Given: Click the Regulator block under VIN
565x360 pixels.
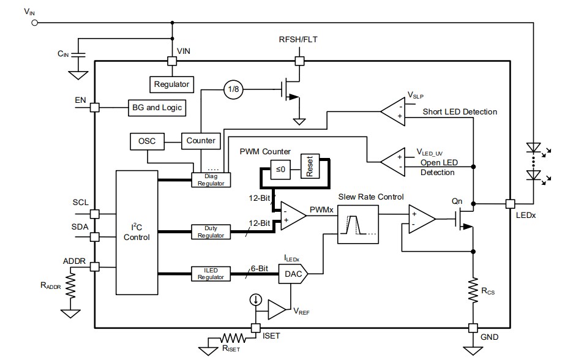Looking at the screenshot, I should [172, 84].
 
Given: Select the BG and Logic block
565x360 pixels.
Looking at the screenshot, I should [156, 107].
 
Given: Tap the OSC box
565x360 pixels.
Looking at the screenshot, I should [146, 141].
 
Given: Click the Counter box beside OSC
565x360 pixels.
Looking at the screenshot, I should [201, 141].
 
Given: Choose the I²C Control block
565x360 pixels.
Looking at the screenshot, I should [137, 232].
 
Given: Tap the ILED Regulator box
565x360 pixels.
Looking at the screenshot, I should [209, 274].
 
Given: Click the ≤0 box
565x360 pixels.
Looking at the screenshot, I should [280, 170].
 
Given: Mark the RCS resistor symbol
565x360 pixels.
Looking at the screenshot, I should [473, 289].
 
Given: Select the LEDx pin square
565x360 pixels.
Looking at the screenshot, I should [509, 203].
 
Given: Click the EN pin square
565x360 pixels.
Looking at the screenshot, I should [95, 107].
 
